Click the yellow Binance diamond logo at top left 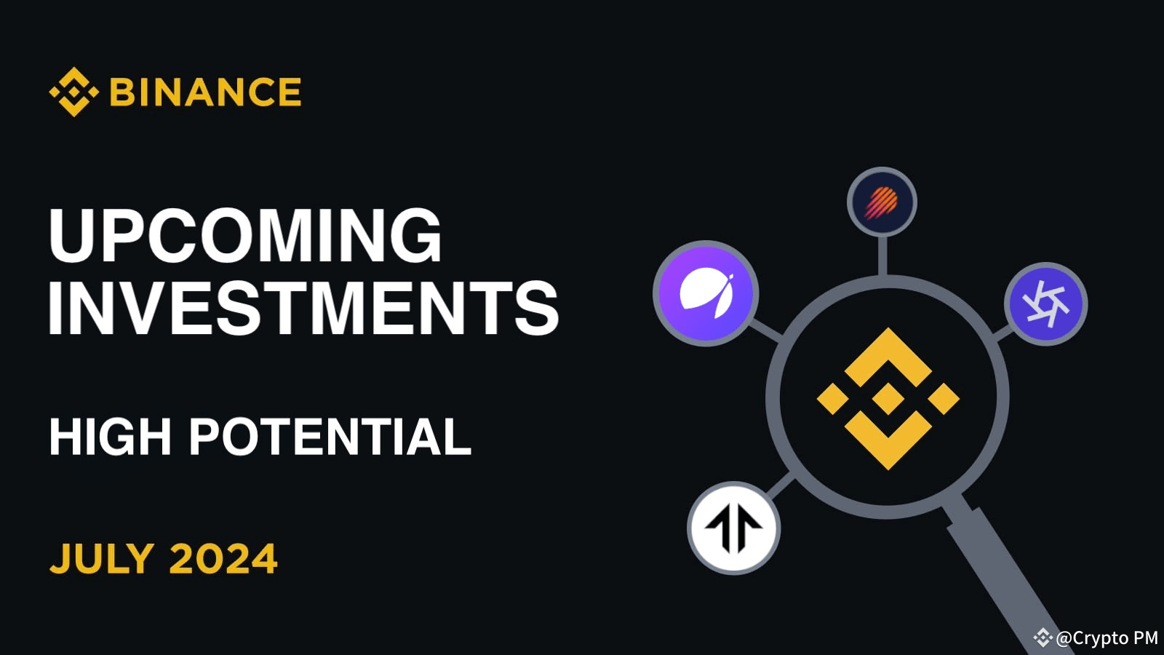pyautogui.click(x=73, y=92)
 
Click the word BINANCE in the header pyautogui.click(x=206, y=92)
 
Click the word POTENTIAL pyautogui.click(x=330, y=437)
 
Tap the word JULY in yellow pyautogui.click(x=102, y=559)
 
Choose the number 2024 pyautogui.click(x=223, y=559)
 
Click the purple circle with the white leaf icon pyautogui.click(x=706, y=293)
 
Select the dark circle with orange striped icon pyautogui.click(x=882, y=202)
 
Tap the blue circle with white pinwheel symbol pyautogui.click(x=1045, y=303)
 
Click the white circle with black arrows pyautogui.click(x=733, y=528)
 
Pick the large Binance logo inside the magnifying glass pyautogui.click(x=888, y=398)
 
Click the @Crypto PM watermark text pyautogui.click(x=1107, y=638)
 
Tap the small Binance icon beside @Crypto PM pyautogui.click(x=1043, y=638)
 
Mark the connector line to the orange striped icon pyautogui.click(x=882, y=255)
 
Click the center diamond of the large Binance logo pyautogui.click(x=888, y=398)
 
